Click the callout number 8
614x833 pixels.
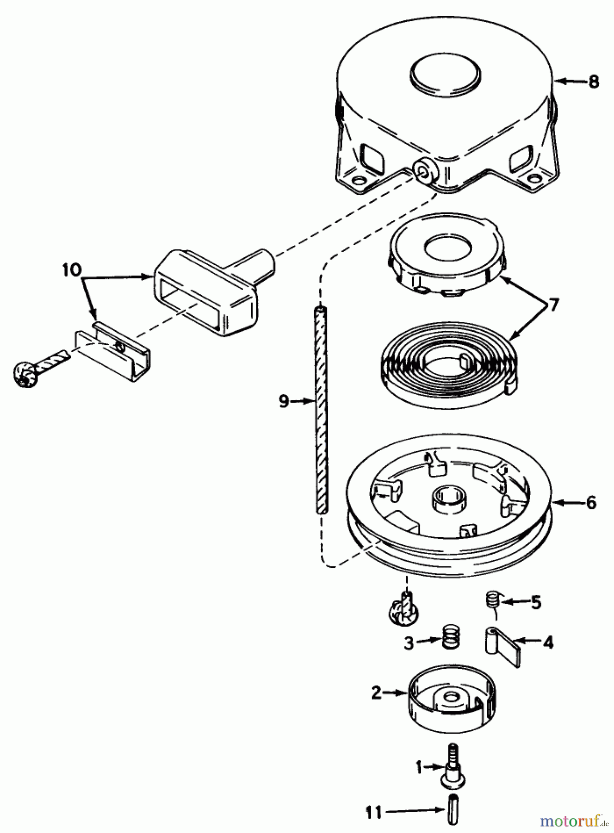click(594, 82)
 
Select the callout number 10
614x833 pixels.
click(73, 270)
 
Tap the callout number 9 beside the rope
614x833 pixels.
click(284, 401)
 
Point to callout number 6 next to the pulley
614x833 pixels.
click(591, 503)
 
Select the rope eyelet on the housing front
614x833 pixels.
click(423, 172)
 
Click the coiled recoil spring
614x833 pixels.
click(447, 368)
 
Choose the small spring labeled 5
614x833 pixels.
click(492, 601)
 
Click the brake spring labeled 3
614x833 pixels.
click(447, 638)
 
